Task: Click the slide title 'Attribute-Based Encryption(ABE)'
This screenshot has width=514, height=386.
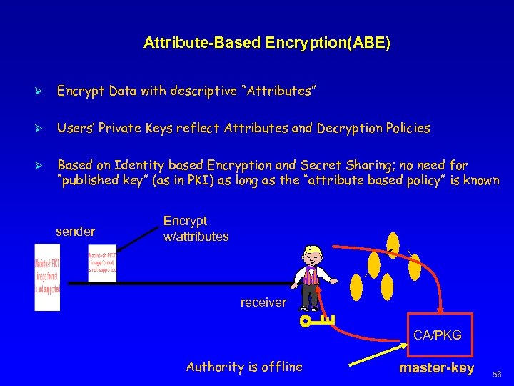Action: (267, 43)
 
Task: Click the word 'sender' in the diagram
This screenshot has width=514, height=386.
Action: (75, 231)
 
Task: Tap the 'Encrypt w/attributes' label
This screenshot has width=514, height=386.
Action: (196, 229)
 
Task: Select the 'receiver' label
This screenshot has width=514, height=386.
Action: (263, 302)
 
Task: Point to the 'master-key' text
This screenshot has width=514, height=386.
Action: (436, 368)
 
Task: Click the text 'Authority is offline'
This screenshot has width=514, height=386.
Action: (244, 367)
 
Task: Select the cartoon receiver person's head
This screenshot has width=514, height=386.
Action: (312, 256)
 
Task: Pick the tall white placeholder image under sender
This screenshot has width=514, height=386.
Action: (47, 277)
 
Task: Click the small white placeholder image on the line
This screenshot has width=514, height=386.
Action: (101, 265)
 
